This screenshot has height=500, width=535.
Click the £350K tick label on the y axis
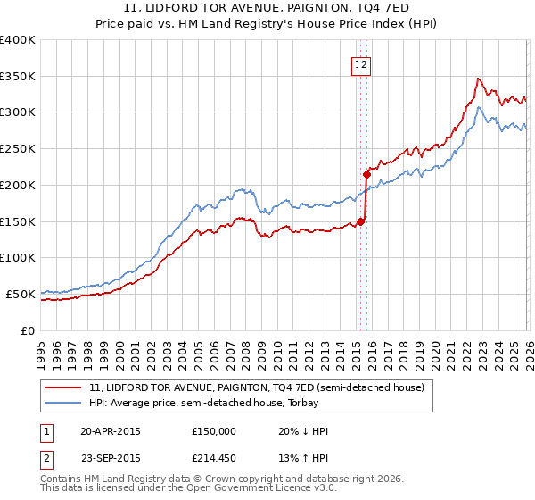point(17,76)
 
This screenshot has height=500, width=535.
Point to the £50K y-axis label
point(20,294)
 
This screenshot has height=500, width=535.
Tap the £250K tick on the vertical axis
point(17,148)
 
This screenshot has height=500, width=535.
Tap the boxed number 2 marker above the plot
point(366,63)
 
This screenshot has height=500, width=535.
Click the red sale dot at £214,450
point(366,174)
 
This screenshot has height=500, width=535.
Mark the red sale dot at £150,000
point(360,221)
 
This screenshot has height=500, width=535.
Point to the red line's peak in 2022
point(479,79)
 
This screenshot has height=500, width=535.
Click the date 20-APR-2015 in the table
point(111,431)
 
